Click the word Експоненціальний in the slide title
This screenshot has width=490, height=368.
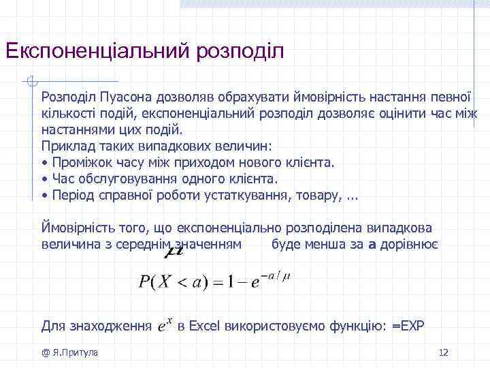pyautogui.click(x=96, y=51)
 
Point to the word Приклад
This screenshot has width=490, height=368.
pyautogui.click(x=66, y=146)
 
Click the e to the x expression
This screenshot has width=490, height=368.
pyautogui.click(x=163, y=325)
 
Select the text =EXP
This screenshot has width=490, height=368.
pyautogui.click(x=408, y=326)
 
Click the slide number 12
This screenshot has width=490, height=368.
pyautogui.click(x=444, y=352)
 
